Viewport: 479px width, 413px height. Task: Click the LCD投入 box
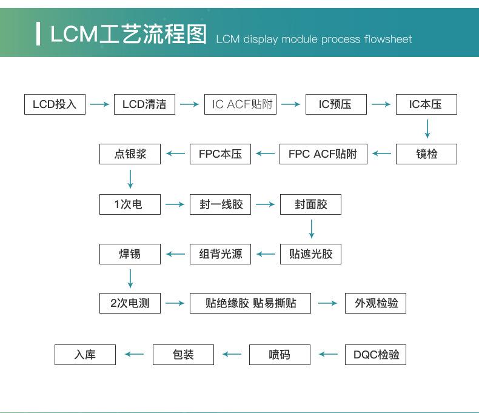[x=55, y=104]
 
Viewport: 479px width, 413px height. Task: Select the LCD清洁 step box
[x=144, y=104]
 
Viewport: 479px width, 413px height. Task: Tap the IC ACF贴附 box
[x=241, y=104]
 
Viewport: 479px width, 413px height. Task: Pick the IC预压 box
[x=336, y=104]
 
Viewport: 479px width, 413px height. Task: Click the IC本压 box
[x=426, y=104]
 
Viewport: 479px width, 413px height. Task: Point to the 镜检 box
[x=426, y=154]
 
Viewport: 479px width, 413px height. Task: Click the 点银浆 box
[x=130, y=154]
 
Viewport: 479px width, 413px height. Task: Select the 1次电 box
[x=130, y=204]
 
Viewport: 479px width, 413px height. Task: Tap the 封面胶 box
[x=310, y=204]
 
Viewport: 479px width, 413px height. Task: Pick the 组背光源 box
[x=220, y=254]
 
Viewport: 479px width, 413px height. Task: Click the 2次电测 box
[x=130, y=303]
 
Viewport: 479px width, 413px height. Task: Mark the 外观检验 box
[x=375, y=303]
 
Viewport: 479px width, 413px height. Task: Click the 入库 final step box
[x=85, y=354]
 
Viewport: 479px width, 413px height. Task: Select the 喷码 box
[x=280, y=354]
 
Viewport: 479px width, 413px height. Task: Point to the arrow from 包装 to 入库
[x=134, y=354]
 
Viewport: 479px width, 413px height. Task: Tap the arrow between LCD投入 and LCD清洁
[x=99, y=104]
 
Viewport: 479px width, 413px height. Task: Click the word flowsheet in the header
[x=388, y=39]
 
